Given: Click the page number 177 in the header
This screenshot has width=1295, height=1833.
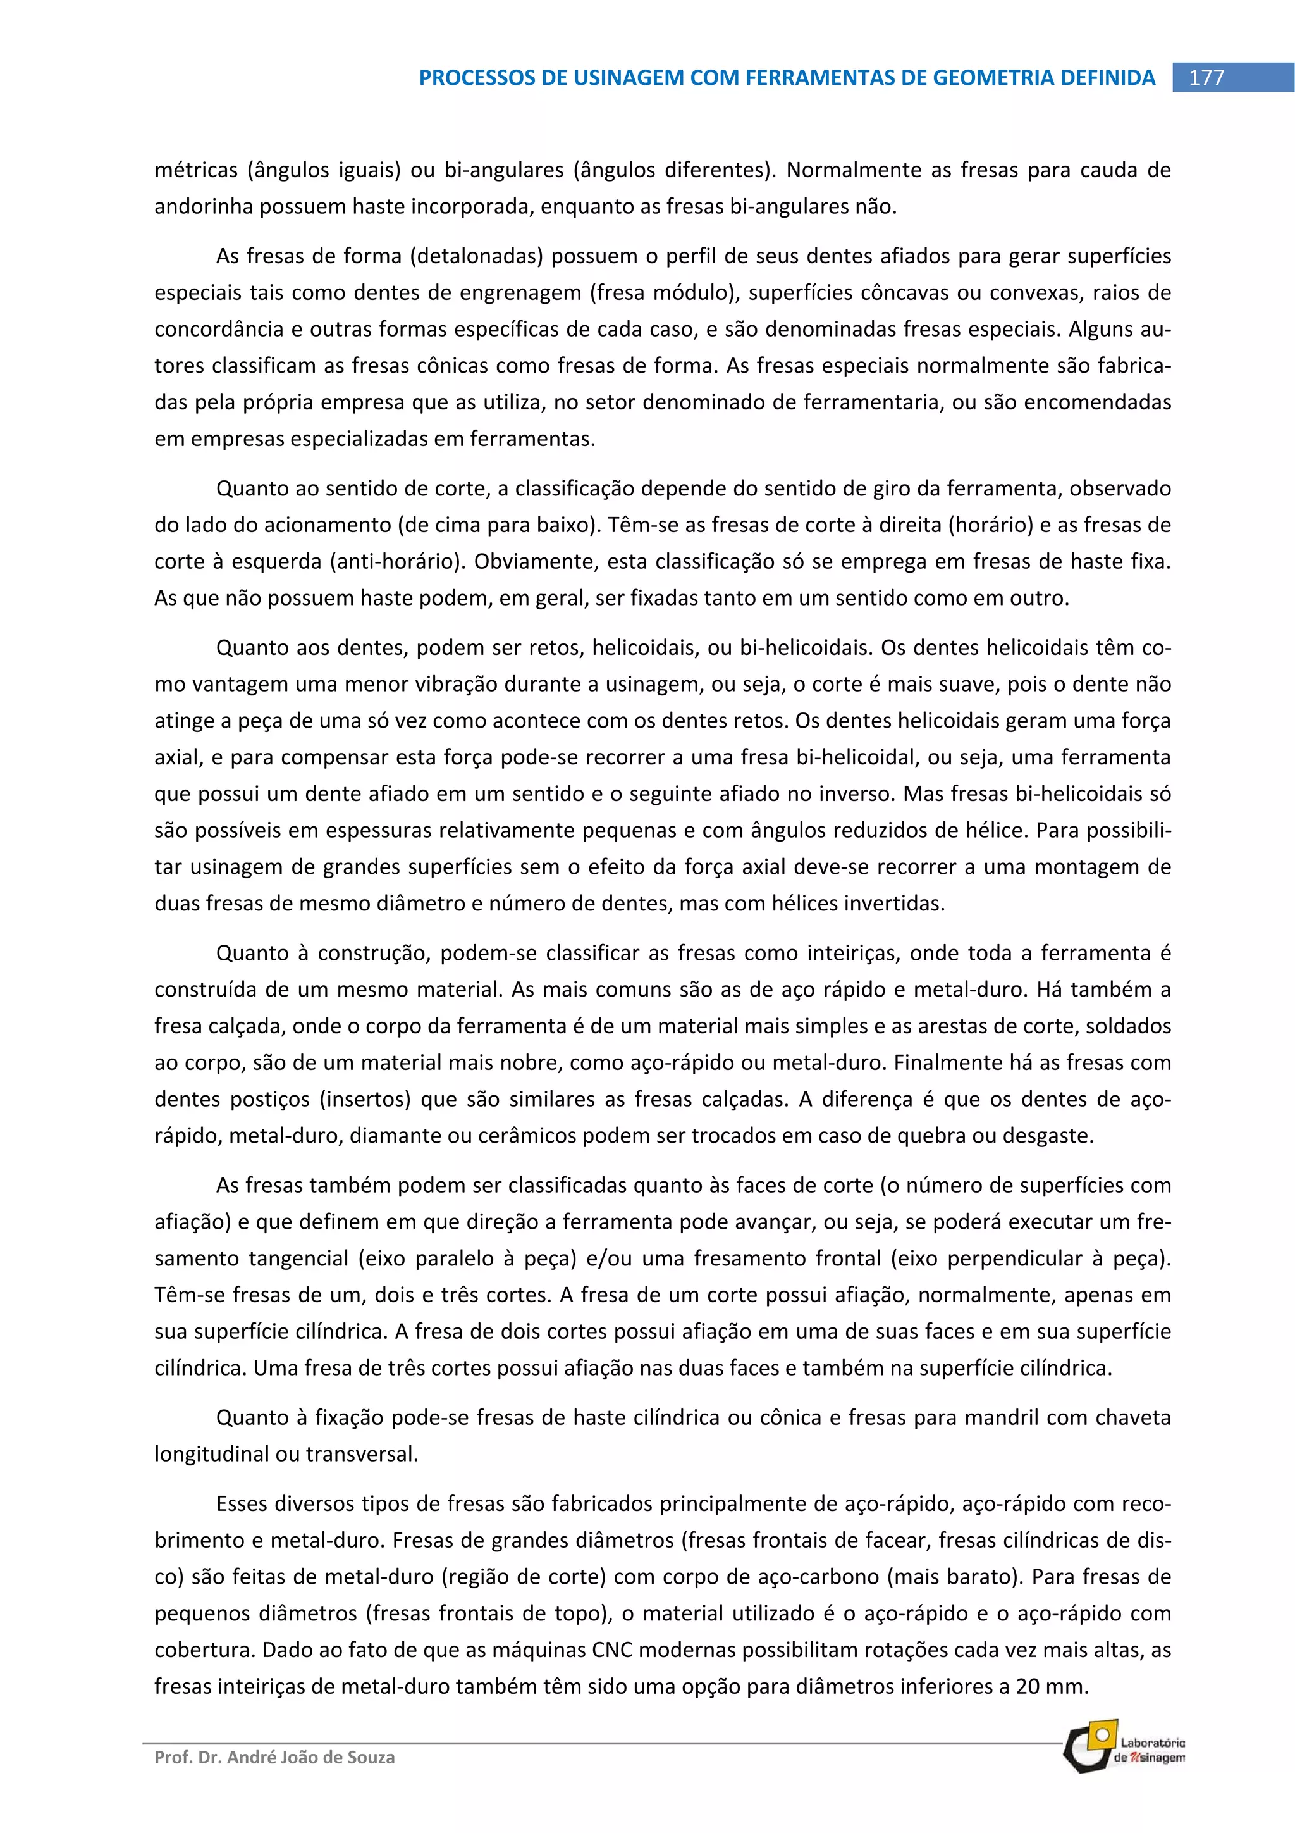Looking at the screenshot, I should (x=1206, y=77).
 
